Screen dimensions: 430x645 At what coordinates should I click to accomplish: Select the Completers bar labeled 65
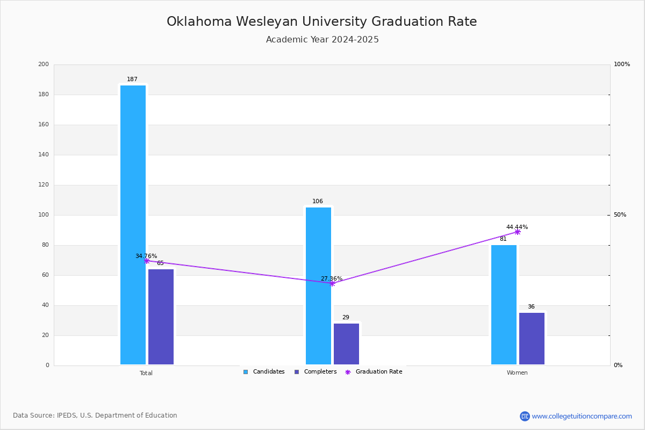tap(161, 317)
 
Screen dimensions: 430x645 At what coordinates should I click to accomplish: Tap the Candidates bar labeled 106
tap(318, 285)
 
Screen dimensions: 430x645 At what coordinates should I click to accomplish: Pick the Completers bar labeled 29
tap(346, 344)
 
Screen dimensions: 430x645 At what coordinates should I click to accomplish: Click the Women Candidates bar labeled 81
tap(504, 305)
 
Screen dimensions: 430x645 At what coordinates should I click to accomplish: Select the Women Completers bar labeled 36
tap(532, 339)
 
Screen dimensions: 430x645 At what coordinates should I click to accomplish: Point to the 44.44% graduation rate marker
tap(518, 232)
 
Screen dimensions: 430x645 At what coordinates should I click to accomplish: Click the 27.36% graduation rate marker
tap(332, 283)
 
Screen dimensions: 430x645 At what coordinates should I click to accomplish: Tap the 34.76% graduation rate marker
tap(147, 261)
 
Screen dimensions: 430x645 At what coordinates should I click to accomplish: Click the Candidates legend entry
tap(264, 372)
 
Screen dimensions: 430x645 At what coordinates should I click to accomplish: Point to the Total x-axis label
tap(146, 373)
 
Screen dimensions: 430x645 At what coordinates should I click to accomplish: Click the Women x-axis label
tap(517, 373)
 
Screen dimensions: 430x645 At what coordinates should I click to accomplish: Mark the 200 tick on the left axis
tap(44, 64)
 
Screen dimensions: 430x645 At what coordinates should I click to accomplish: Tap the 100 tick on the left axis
tap(44, 215)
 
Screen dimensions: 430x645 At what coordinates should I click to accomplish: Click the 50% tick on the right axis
tap(620, 215)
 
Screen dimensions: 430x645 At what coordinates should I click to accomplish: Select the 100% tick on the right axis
tap(622, 64)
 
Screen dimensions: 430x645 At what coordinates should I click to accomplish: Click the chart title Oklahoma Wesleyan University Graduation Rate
tap(322, 21)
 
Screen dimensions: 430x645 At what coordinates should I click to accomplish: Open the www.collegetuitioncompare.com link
tap(582, 416)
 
